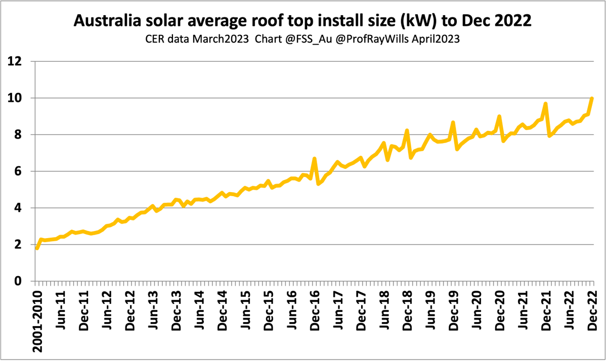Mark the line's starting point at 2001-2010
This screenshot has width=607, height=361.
pos(37,248)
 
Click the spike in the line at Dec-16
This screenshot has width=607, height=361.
pos(315,159)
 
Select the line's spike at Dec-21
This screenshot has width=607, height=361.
pos(545,104)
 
